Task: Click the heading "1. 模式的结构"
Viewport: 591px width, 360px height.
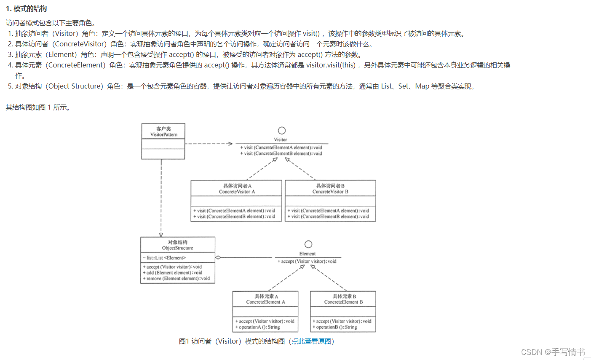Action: point(27,9)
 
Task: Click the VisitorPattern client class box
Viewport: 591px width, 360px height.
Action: point(163,132)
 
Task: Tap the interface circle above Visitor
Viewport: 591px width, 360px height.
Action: point(282,131)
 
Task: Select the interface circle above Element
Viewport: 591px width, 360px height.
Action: point(308,244)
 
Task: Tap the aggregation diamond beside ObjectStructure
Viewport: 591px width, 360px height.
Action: point(218,257)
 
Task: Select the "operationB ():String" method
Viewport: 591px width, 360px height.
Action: point(336,327)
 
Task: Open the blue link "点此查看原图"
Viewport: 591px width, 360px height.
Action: point(312,341)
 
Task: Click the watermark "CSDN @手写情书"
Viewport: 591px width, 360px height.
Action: point(553,352)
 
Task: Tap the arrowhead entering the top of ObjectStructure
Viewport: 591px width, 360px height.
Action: point(161,235)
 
